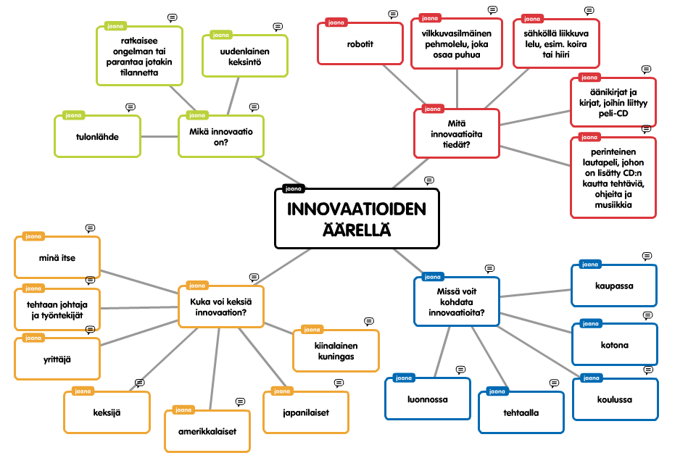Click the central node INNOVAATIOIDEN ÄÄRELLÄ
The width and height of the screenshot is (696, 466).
(x=357, y=218)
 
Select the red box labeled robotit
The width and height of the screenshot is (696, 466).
(x=360, y=43)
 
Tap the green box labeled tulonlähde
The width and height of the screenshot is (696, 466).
(x=97, y=136)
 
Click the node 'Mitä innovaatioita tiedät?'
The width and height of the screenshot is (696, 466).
(x=456, y=133)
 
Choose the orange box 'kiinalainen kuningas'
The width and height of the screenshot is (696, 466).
(x=336, y=351)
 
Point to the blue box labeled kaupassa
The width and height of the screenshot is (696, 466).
(x=613, y=286)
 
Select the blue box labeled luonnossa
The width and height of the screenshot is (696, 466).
(x=427, y=399)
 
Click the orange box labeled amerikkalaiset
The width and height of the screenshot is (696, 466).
(x=207, y=431)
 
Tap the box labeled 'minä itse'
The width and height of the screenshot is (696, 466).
(x=57, y=257)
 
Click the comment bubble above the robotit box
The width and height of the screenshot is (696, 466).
(x=393, y=14)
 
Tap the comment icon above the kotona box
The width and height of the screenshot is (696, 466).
(x=647, y=315)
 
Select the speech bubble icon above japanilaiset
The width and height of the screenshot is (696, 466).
(x=339, y=383)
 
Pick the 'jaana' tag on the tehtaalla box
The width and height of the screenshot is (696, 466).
(x=498, y=391)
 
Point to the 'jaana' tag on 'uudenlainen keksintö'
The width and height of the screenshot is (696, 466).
(x=220, y=34)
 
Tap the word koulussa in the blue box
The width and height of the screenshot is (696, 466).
(x=614, y=399)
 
